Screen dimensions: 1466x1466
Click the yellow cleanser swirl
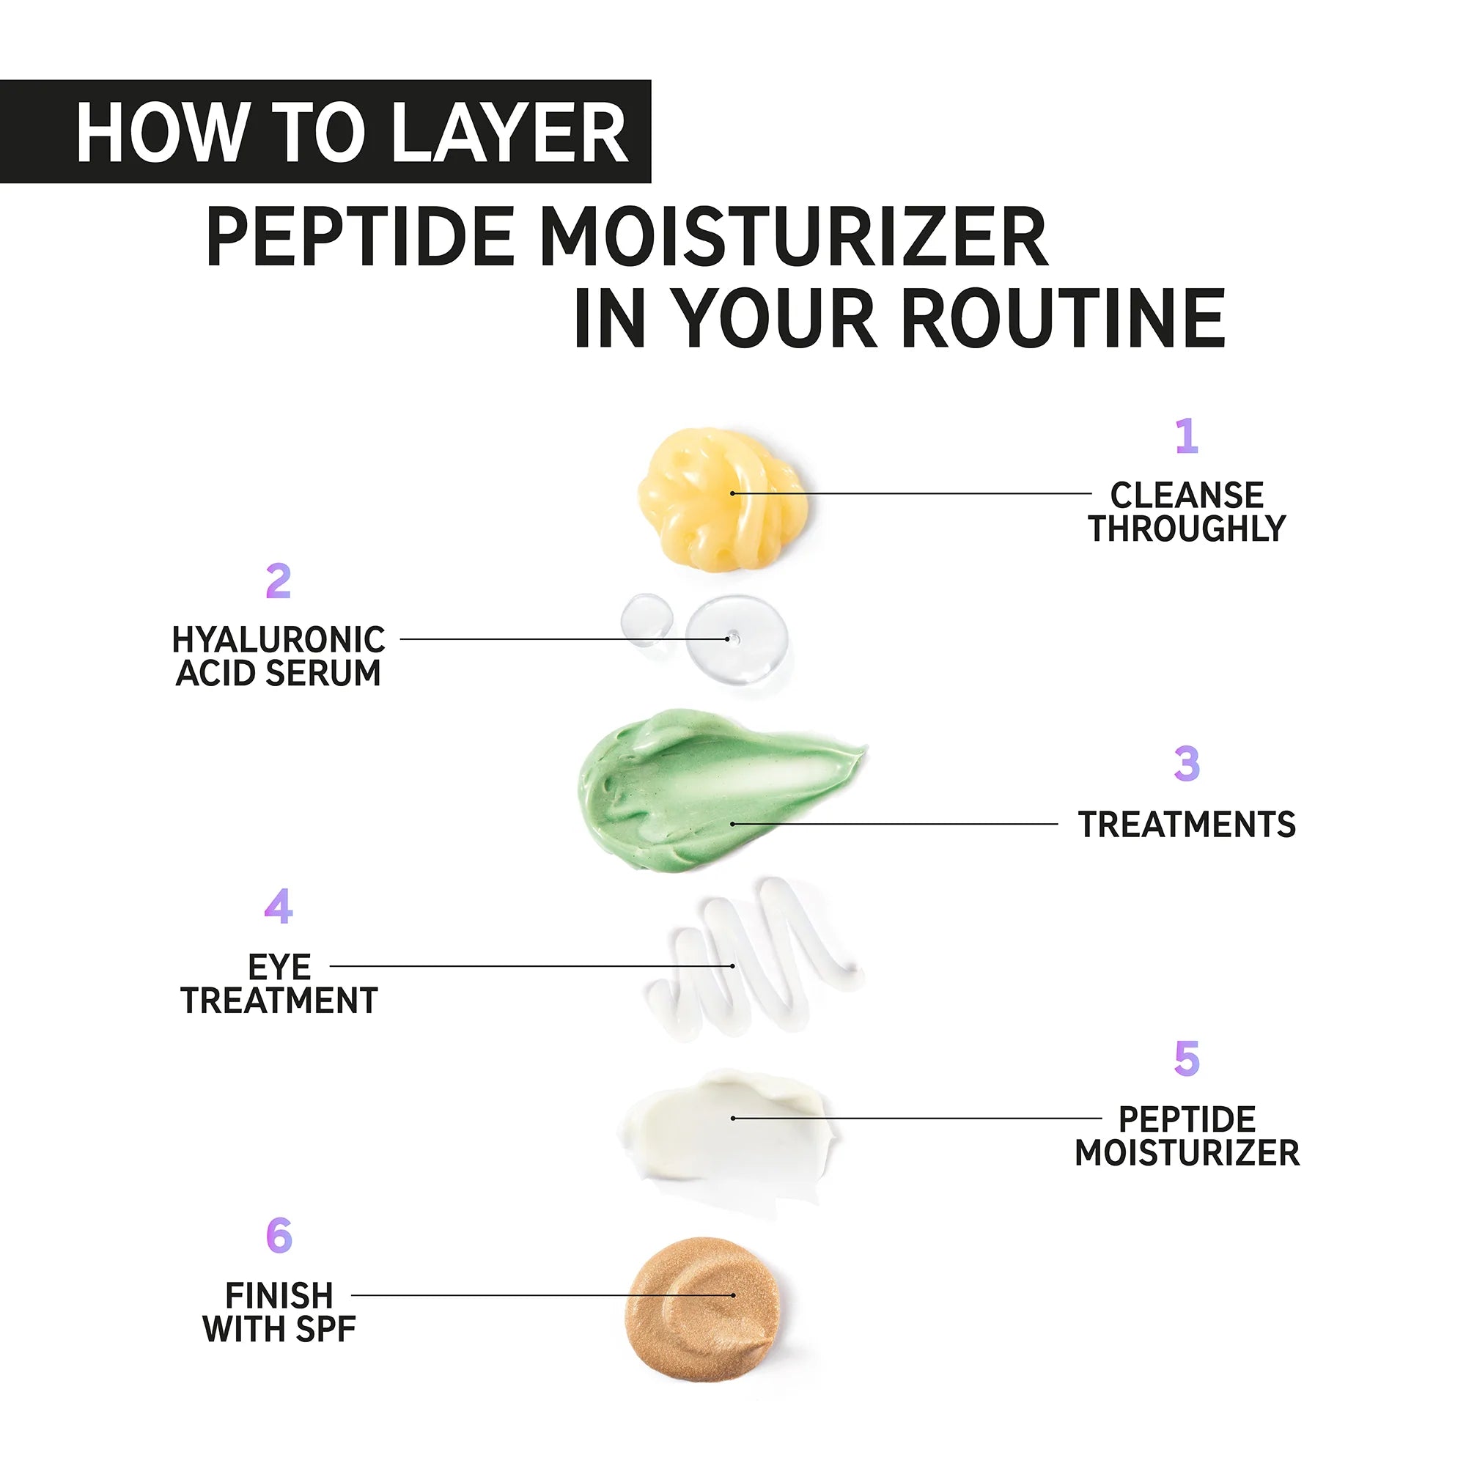coord(719,497)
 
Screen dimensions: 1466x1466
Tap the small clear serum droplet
coord(646,619)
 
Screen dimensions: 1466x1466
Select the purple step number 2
coord(279,581)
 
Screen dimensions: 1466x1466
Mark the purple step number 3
coord(1187,764)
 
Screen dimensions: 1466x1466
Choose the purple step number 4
coord(279,907)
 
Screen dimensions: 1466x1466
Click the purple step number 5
coord(1187,1058)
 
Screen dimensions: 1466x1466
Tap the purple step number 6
coord(279,1235)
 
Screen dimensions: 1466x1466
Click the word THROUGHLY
coord(1187,529)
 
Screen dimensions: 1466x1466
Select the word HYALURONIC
coord(279,640)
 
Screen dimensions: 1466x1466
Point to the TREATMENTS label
coord(1187,825)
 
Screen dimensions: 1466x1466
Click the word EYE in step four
coord(279,968)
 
